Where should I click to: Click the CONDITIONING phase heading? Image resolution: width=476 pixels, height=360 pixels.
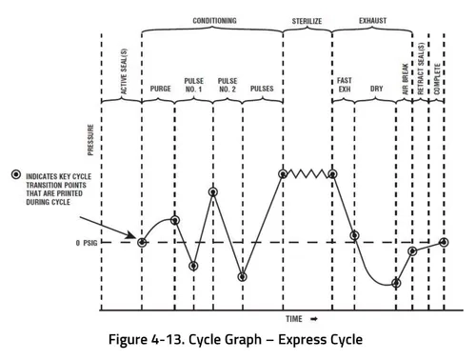[214, 20]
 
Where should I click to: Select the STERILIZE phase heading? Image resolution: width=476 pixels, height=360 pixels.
[307, 20]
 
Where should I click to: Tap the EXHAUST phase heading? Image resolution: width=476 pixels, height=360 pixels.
[372, 20]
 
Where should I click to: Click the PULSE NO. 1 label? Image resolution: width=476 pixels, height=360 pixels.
[194, 85]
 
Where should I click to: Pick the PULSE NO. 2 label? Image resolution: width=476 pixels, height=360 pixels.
[228, 85]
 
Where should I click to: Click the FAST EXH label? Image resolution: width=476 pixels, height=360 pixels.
[345, 85]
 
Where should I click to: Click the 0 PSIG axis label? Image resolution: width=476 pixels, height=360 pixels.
[89, 243]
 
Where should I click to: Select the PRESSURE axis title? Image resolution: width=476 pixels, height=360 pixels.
[91, 138]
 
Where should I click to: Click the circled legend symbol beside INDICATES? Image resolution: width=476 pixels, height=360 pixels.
[16, 175]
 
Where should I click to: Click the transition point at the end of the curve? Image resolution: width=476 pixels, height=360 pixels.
[444, 242]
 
